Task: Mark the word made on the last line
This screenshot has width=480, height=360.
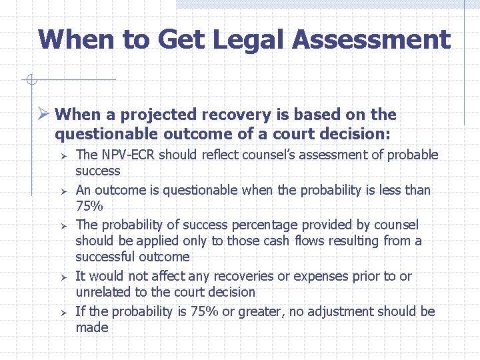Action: pos(91,327)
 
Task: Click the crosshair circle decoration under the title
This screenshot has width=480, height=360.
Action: pos(31,81)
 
